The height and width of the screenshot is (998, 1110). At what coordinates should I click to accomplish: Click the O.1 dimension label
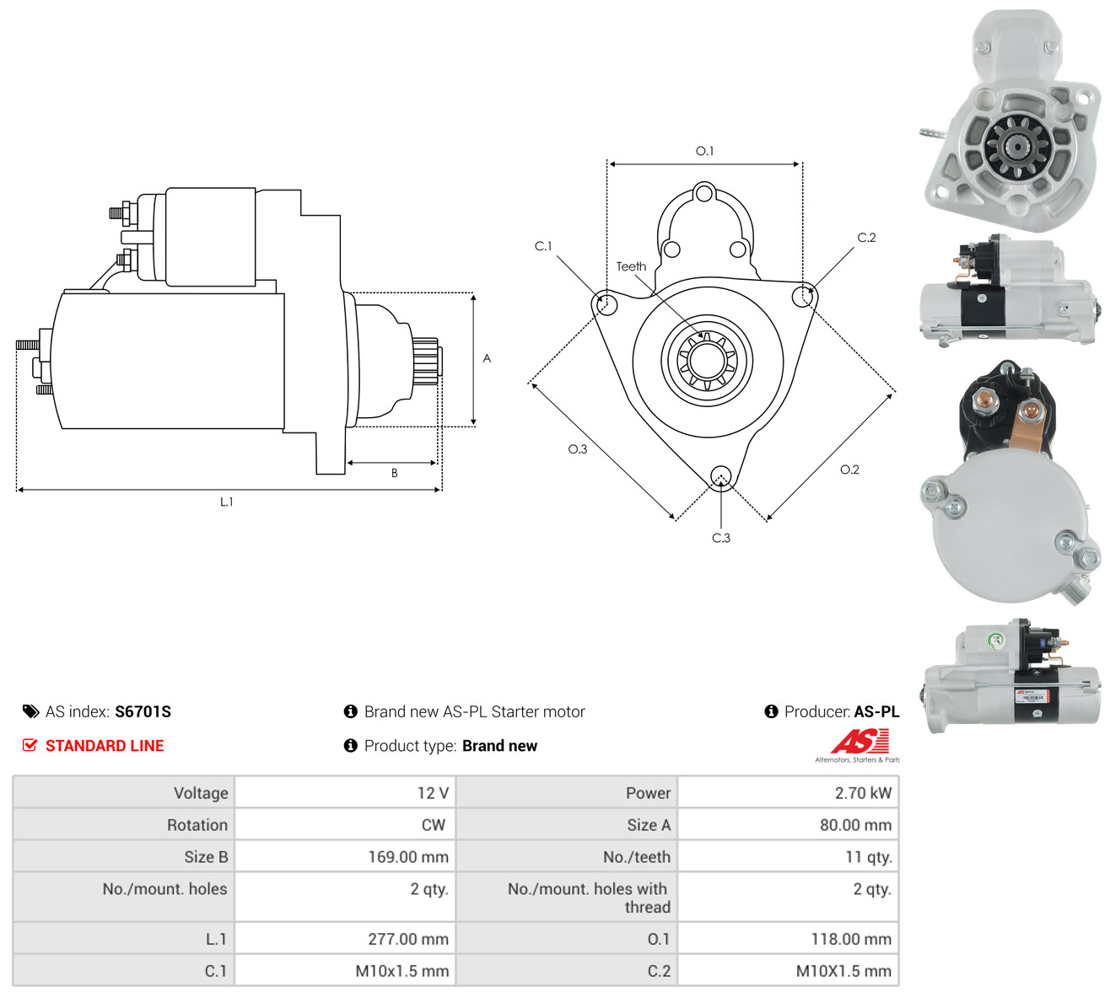click(704, 151)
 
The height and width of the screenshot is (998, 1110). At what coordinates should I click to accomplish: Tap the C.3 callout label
click(721, 538)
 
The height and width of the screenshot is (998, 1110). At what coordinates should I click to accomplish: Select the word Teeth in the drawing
click(632, 266)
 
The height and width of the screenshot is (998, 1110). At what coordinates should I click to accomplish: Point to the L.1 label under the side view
click(227, 502)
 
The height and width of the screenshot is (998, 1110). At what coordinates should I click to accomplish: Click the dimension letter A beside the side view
click(487, 358)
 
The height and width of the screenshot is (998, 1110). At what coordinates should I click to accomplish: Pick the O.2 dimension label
click(850, 469)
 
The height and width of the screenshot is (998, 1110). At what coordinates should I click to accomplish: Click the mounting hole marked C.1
click(607, 303)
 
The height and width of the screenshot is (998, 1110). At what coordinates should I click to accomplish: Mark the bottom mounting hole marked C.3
click(720, 475)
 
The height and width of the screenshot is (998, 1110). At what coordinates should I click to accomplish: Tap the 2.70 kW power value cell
click(789, 792)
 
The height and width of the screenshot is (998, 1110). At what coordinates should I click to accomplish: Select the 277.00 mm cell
click(345, 938)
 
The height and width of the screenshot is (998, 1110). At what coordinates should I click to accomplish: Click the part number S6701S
click(143, 711)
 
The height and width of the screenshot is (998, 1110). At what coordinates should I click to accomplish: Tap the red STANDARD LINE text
click(105, 746)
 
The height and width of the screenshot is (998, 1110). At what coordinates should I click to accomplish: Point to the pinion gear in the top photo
click(1018, 147)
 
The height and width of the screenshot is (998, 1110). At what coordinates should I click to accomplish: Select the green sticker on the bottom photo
click(995, 641)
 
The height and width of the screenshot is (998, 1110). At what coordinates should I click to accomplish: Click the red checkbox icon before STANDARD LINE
click(30, 745)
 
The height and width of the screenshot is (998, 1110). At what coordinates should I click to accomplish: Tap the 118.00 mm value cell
click(789, 938)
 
